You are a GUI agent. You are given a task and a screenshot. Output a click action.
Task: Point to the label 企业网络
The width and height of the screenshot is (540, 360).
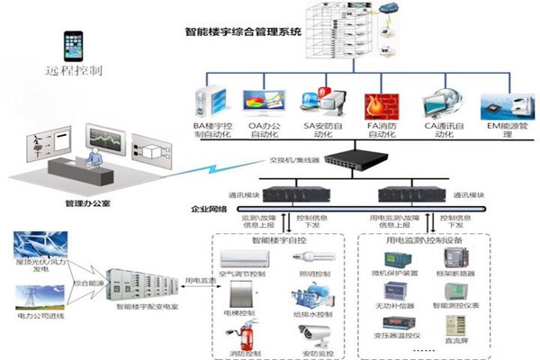(x=211, y=209)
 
